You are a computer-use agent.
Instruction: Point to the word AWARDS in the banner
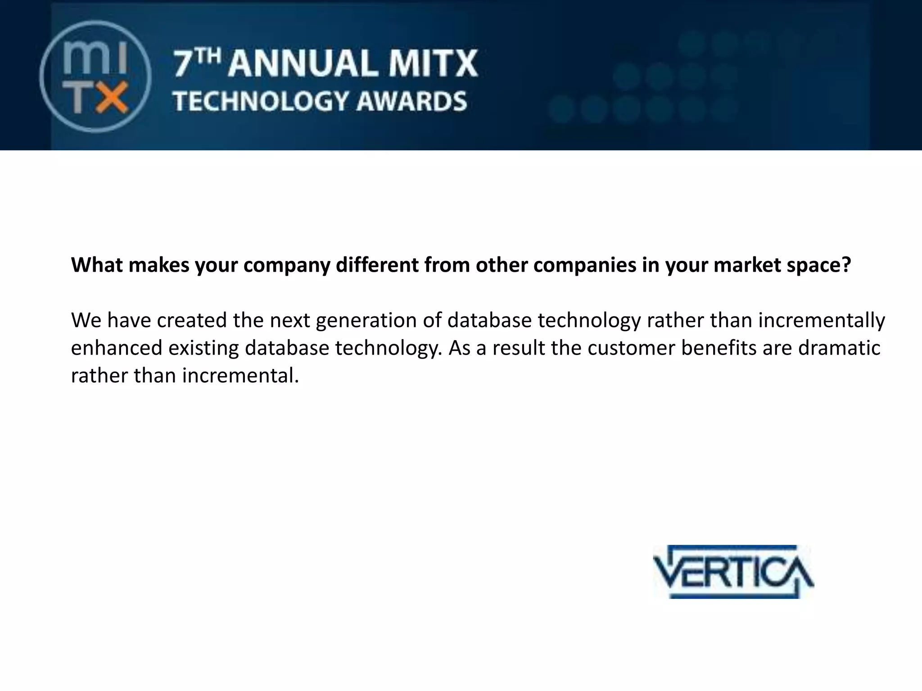click(411, 101)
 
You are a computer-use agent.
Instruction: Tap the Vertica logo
click(733, 572)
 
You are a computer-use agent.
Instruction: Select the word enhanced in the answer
click(117, 348)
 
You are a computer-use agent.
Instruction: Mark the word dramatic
click(839, 348)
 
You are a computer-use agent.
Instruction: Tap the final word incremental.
click(240, 376)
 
